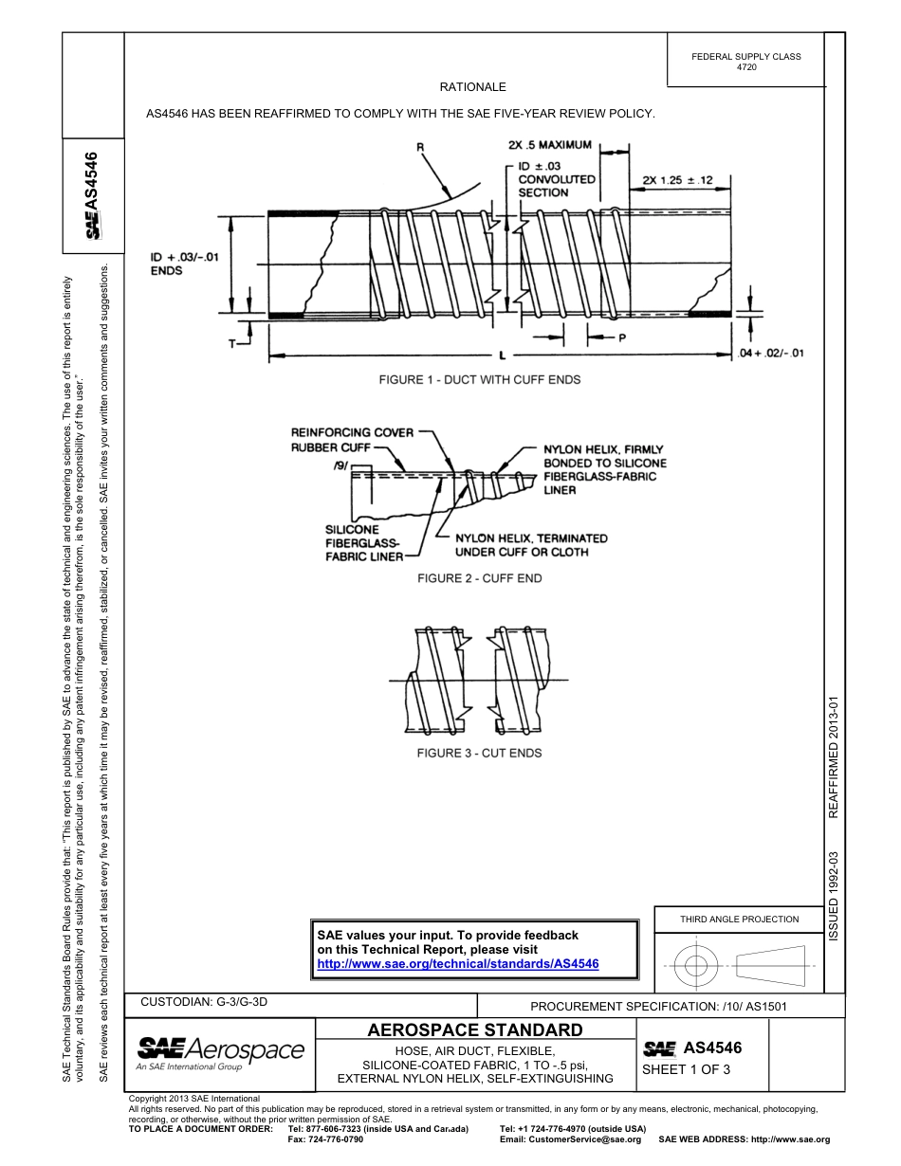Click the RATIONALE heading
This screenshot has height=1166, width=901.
click(472, 86)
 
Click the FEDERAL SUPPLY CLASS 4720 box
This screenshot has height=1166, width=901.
click(745, 62)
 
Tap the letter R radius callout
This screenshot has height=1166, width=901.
click(420, 148)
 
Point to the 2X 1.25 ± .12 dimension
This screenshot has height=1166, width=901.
click(677, 179)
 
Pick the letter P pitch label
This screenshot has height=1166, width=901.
click(622, 337)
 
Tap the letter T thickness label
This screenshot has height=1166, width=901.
click(231, 343)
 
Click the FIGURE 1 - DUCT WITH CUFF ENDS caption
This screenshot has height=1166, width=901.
click(479, 379)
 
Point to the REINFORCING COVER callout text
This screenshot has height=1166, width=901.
click(352, 432)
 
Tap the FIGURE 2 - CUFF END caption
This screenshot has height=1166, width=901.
click(479, 578)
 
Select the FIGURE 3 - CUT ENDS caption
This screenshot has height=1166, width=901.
click(479, 753)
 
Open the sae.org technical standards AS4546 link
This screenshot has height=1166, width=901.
click(458, 963)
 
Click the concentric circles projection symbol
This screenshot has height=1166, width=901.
click(697, 966)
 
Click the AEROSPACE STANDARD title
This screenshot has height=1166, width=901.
click(474, 1030)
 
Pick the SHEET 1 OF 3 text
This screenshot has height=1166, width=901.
click(685, 1070)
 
